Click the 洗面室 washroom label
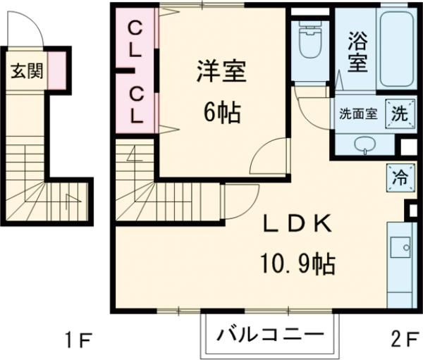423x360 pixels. tap(359, 113)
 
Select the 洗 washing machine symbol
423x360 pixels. tap(398, 113)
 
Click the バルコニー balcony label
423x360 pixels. tap(271, 334)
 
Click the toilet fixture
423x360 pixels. tap(308, 43)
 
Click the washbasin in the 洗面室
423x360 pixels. tap(364, 146)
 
